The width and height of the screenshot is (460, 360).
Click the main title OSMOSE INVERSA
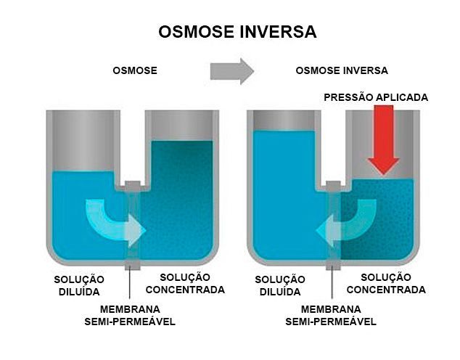pos(237,32)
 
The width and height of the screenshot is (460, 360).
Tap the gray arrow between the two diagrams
pos(231,71)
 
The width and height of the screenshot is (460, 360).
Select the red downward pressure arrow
pos(384,140)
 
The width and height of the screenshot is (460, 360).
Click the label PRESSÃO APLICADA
pos(376,97)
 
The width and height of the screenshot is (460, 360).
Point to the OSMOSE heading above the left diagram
pos(135,70)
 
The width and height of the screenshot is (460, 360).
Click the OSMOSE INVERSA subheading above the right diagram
pos(342,70)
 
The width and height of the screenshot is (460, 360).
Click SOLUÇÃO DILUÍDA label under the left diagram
pos(79,285)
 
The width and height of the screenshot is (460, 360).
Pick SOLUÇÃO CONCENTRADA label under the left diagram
pos(185,283)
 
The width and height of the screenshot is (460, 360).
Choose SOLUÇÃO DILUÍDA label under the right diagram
pos(280,285)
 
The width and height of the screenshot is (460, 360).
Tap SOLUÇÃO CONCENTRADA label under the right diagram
pos(386,283)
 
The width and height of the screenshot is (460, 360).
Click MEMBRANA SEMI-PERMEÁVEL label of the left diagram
pos(130,316)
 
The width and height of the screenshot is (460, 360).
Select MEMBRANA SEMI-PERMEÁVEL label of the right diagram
pos(331,316)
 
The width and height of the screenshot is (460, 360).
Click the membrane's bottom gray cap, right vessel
pos(334,265)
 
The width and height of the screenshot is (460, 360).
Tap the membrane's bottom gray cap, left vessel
pos(133,265)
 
